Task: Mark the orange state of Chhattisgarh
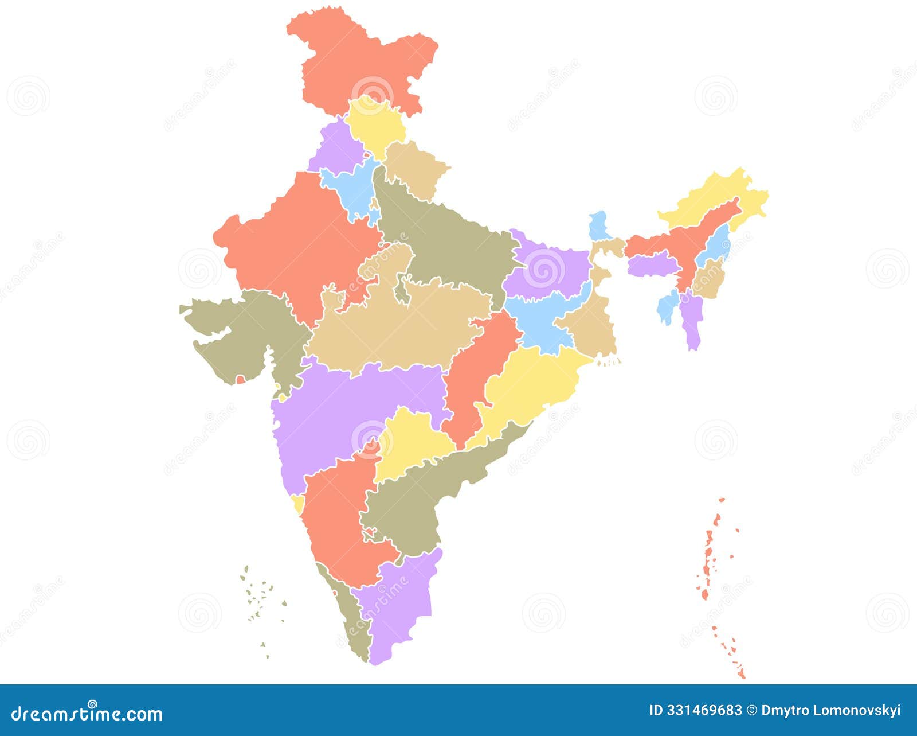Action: coord(481,367)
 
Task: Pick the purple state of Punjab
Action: coord(335,146)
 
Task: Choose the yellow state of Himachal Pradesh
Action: coord(375,123)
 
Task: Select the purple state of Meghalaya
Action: coord(652,266)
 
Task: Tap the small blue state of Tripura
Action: coord(666,307)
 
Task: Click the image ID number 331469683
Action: coord(704,710)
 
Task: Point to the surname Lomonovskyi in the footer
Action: coord(860,710)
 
